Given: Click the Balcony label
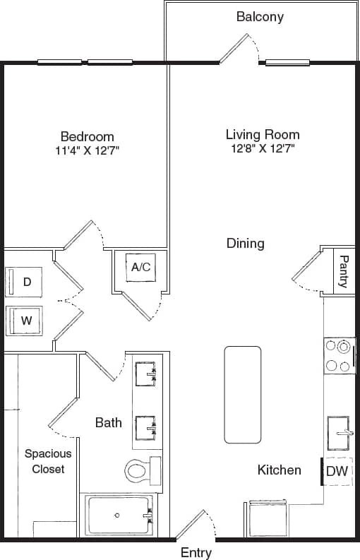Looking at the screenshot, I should (260, 16).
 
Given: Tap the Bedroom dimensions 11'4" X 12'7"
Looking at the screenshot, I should (87, 150).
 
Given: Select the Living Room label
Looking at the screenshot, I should (263, 134).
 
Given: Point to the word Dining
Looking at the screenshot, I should (245, 244).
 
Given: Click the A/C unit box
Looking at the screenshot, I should (140, 267).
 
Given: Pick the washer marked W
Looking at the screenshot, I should (26, 320).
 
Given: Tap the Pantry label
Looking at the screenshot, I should (343, 271).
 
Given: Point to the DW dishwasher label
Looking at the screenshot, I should (337, 472).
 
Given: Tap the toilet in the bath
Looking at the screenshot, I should (142, 469).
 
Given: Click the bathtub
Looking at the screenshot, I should (118, 516).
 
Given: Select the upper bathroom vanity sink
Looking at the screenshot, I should (148, 372).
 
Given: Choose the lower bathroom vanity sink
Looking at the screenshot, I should (148, 426).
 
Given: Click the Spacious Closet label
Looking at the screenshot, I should (44, 461).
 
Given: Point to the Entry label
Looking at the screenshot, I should (196, 552).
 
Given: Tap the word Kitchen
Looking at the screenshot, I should (279, 470).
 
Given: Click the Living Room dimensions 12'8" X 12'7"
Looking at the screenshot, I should (263, 149).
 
